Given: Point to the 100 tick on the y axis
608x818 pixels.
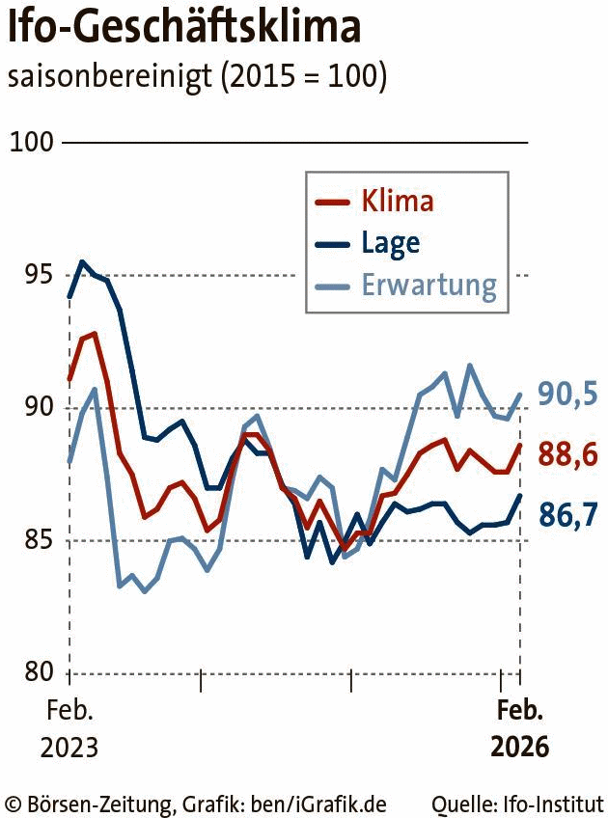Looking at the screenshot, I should point(32,143).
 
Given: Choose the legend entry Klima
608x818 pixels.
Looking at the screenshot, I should point(397,202).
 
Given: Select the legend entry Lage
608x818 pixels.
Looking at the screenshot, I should point(391,242).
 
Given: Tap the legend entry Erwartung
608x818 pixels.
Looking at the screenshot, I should point(428,285).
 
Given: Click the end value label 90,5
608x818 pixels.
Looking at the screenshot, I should point(567,394).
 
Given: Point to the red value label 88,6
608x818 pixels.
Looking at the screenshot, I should point(567,453).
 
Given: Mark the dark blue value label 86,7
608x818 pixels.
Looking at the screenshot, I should point(567,516).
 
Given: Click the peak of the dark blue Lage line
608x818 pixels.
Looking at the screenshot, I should point(82,261).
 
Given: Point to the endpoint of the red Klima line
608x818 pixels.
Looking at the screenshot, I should point(520,445).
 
